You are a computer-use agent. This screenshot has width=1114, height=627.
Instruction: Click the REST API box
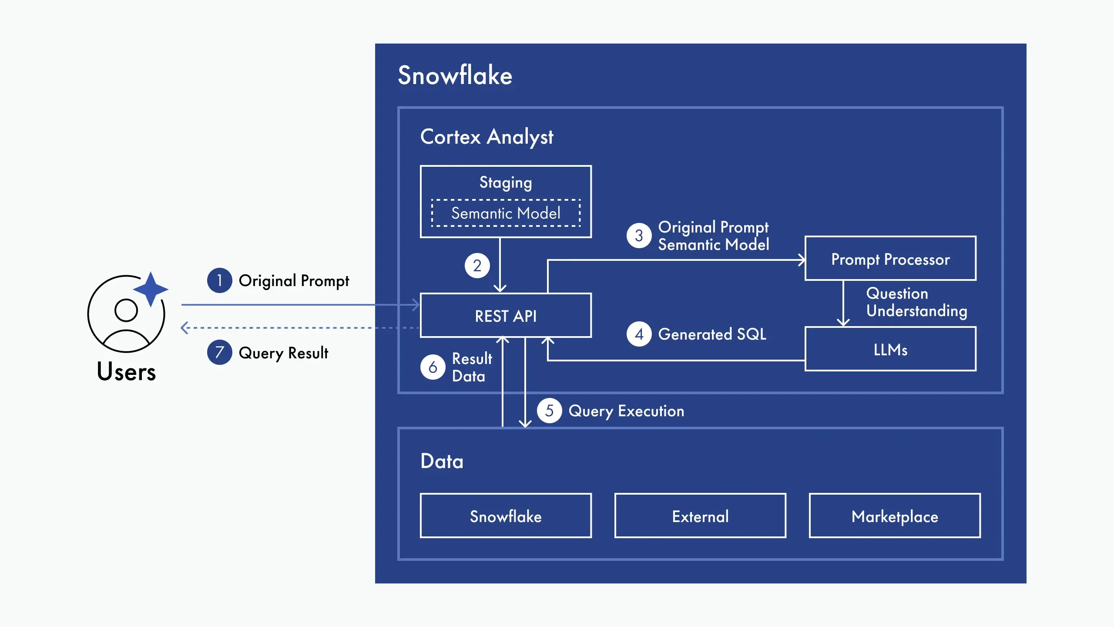coord(506,316)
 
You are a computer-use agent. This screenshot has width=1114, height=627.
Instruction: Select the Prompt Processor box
coord(890,259)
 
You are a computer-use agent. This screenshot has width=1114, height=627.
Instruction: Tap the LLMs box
coord(890,349)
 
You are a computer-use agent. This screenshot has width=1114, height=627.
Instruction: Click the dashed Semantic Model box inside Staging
coord(506,213)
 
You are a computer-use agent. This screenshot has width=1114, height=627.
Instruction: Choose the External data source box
coord(700,516)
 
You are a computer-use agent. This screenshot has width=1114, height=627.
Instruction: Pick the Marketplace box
coord(895,516)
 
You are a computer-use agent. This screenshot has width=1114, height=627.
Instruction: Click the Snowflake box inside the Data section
coord(506,516)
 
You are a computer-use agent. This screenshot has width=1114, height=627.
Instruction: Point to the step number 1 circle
coord(219,280)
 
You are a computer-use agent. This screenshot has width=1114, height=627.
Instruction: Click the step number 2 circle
coord(477,266)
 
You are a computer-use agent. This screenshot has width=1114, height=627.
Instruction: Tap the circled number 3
coord(639,236)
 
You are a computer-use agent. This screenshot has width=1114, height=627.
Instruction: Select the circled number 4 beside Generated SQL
coord(639,334)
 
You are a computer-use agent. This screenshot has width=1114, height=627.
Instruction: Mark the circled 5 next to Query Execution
coord(549,411)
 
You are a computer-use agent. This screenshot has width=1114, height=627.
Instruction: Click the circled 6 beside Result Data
coord(433,367)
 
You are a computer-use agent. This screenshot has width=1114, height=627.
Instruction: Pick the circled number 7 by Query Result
coord(219,352)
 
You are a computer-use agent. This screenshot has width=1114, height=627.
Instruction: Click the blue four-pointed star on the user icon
coord(151,289)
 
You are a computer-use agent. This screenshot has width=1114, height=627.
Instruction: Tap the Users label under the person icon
coord(126,372)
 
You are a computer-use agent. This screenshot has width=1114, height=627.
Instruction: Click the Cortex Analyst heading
coord(487,137)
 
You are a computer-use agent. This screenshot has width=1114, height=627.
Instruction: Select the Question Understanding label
coord(916,302)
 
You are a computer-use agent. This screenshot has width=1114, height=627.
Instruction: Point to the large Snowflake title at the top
coord(455,75)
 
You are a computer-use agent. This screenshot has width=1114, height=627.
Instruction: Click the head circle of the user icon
coord(126,310)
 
